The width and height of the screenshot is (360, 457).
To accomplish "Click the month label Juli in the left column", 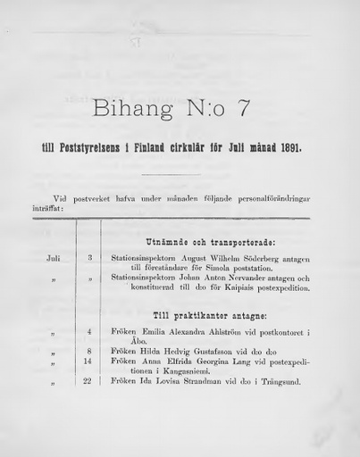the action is [54, 259].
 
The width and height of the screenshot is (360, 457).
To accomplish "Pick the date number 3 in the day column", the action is [89, 259].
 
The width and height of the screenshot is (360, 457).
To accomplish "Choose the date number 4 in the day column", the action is [89, 333].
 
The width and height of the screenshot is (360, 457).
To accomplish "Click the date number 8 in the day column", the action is [89, 352].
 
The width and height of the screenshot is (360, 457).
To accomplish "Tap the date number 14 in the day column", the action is [88, 361].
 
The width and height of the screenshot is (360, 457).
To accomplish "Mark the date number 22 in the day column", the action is [88, 381].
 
